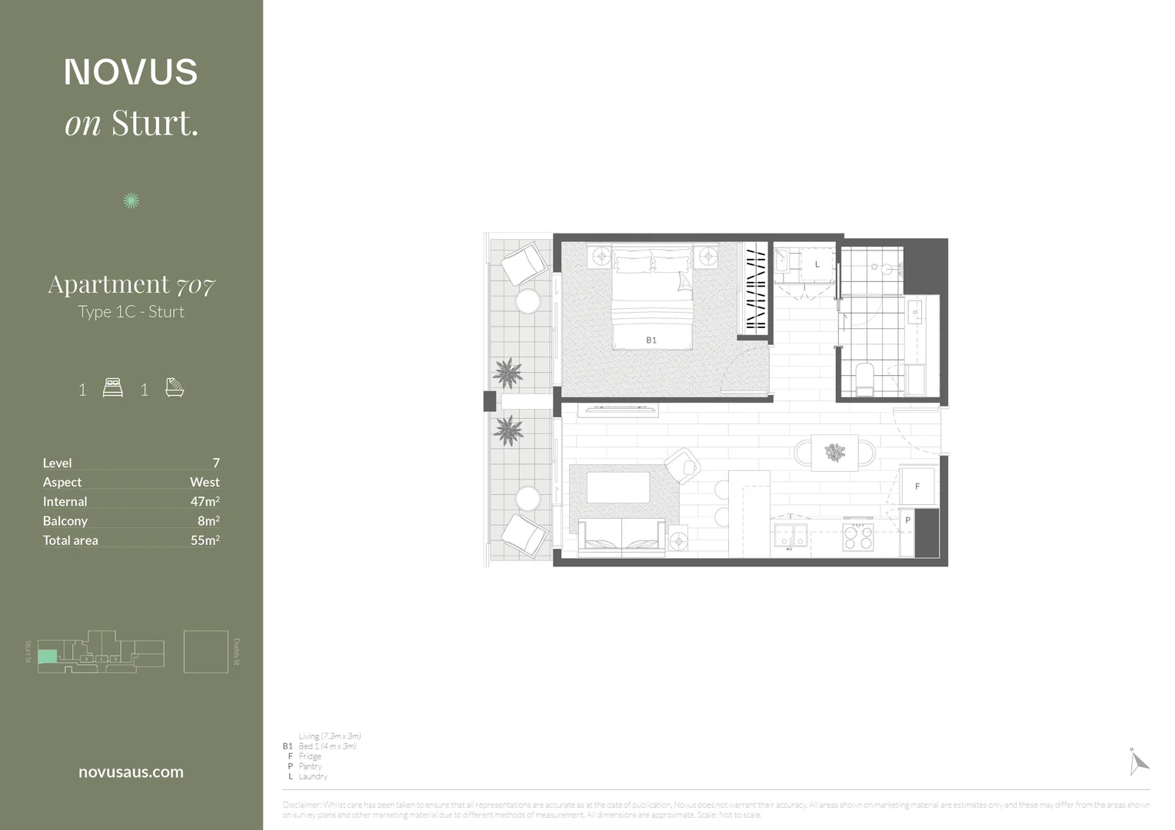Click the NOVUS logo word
tap(131, 72)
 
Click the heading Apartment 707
tap(131, 285)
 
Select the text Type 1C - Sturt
tap(131, 312)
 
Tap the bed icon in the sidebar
tap(113, 387)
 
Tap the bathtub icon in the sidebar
tap(175, 387)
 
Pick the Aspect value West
tap(205, 482)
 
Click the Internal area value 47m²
tap(205, 501)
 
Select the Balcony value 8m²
tap(208, 520)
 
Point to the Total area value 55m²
tap(205, 540)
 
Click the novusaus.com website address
tap(131, 772)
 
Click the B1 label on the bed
tap(651, 340)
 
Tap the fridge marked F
tap(917, 486)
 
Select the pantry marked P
tap(907, 520)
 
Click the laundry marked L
tap(817, 264)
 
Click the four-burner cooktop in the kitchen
tap(858, 537)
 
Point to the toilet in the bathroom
tap(865, 380)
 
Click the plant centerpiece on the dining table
tap(834, 452)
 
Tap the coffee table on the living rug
tap(617, 488)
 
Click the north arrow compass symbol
tap(1138, 762)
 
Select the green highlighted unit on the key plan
tap(48, 656)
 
